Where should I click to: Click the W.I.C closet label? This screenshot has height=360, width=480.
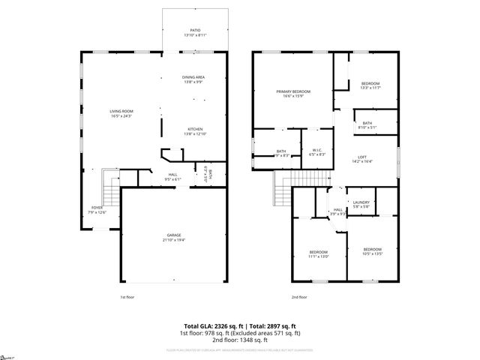tap(317, 151)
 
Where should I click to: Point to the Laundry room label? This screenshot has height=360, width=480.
tap(361, 203)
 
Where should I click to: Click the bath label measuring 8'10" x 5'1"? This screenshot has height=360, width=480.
tap(367, 124)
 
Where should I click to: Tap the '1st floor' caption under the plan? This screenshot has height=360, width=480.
tap(127, 297)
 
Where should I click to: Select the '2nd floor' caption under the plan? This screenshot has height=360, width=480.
tap(298, 297)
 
